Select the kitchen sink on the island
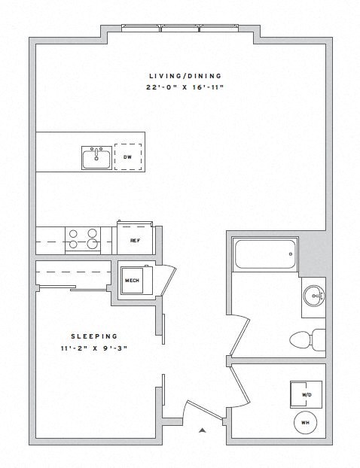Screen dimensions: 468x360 pos(96,158)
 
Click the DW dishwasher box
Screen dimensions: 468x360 pos(127,158)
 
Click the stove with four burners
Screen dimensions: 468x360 pos(83,239)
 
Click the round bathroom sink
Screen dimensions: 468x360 pos(315,295)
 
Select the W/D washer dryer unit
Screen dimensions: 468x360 pos(307,393)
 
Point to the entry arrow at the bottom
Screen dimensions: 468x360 pos(201,431)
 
